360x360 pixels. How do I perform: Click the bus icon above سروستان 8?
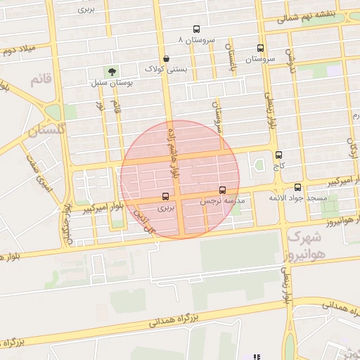(195, 30)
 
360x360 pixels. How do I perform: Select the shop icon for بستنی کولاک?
(166, 59)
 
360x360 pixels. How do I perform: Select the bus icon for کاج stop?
(279, 155)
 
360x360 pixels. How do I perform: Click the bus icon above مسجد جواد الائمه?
(298, 187)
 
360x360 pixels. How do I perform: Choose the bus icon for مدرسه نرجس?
(222, 190)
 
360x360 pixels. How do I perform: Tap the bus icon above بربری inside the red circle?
(165, 196)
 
